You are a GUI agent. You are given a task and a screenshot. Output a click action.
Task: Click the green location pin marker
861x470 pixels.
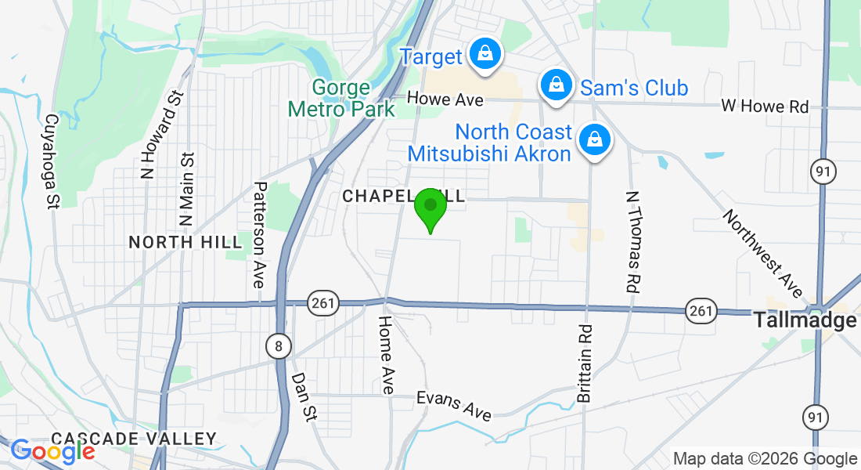click(430, 207)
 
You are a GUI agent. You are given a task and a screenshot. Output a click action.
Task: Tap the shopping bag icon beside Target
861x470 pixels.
click(485, 55)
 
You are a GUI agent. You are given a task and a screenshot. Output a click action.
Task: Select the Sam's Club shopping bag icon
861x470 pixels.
click(556, 84)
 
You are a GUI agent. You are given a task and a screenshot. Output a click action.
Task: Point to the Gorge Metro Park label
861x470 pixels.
click(342, 98)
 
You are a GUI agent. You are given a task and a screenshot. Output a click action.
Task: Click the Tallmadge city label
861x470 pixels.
click(804, 320)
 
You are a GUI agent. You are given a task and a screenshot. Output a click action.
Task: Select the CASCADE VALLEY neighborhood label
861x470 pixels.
click(133, 439)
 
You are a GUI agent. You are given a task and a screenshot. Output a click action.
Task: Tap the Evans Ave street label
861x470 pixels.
click(454, 405)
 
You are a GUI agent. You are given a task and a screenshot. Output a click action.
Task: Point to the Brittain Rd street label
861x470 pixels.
click(585, 363)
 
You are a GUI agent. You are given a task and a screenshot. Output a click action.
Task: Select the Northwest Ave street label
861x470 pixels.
click(763, 253)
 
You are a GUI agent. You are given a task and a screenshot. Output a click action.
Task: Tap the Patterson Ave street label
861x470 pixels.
click(260, 235)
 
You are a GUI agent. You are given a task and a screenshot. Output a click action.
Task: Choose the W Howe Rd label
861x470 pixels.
click(764, 107)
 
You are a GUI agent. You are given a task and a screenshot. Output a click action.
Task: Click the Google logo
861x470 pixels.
click(52, 450)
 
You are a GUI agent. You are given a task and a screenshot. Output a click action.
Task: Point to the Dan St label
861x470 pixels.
click(304, 397)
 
